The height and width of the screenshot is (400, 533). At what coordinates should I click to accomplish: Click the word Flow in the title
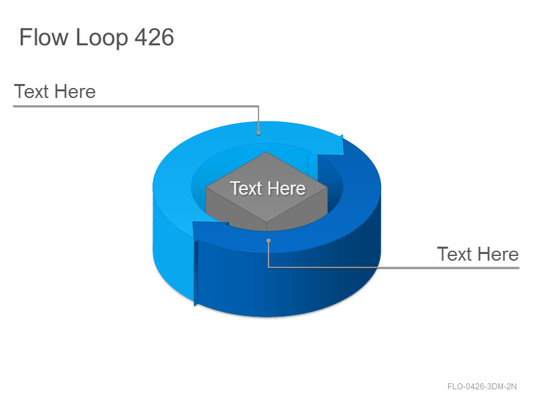click(x=44, y=37)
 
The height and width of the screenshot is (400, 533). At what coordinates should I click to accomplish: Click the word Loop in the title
click(x=101, y=38)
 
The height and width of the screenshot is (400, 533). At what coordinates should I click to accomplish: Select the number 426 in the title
click(x=155, y=37)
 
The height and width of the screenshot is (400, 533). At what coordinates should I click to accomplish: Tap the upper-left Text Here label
click(x=55, y=91)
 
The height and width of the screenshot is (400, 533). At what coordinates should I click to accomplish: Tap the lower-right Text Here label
click(x=478, y=254)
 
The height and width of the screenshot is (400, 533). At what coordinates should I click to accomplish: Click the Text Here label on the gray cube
click(x=268, y=188)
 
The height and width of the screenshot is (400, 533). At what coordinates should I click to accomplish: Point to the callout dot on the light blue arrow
click(x=259, y=133)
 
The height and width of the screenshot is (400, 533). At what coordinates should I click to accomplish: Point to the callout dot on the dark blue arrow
click(x=268, y=241)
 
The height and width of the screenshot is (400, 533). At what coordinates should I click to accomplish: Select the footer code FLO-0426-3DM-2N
click(x=482, y=387)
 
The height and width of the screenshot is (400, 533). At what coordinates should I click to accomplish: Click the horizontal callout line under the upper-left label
click(x=136, y=107)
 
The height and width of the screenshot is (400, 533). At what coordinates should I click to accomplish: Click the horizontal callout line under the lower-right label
click(x=394, y=268)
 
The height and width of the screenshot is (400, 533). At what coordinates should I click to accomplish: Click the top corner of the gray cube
click(x=266, y=152)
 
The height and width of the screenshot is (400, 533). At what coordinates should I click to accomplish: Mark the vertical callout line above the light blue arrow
click(x=259, y=119)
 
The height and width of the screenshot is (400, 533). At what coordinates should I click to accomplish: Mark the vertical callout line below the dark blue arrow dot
click(x=268, y=255)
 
